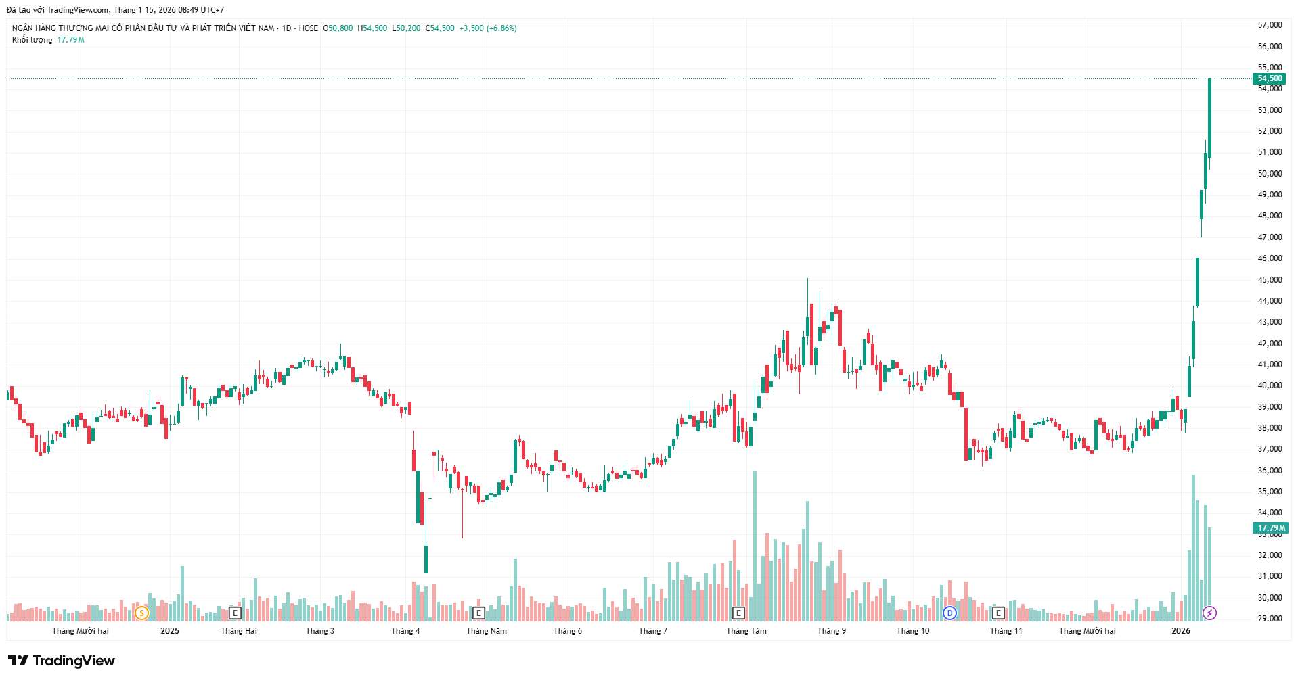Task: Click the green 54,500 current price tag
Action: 1270,78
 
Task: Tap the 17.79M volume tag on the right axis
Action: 1270,528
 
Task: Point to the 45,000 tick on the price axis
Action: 1270,280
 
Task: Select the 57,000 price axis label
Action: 1270,25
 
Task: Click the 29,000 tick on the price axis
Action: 1270,619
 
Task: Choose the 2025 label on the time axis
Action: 170,631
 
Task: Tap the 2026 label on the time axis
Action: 1181,631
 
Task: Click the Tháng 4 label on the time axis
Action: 405,631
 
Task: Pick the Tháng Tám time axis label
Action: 746,631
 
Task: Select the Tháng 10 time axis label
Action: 913,631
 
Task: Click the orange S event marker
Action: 141,613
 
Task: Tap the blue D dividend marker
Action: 949,613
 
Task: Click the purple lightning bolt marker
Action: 1209,613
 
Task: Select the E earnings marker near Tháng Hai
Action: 235,613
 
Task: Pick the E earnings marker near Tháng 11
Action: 998,613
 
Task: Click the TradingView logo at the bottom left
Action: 62,661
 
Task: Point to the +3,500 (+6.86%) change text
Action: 488,28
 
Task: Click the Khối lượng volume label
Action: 32,40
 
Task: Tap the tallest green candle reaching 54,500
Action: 1209,118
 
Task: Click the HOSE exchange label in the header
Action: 308,28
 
